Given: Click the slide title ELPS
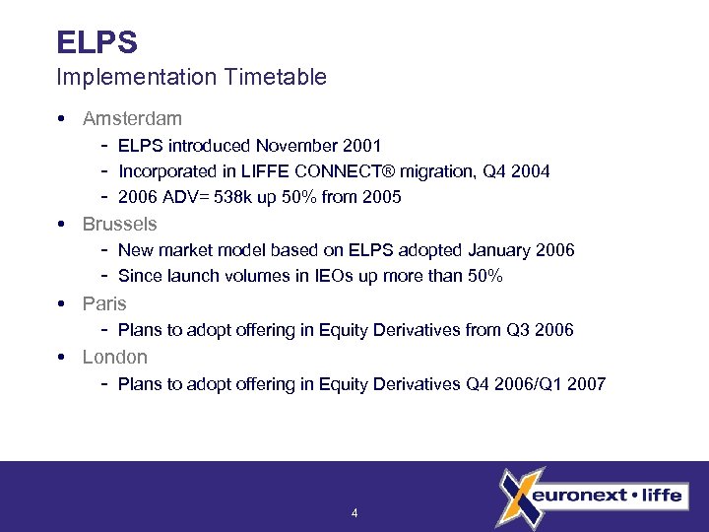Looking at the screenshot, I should pos(97,42).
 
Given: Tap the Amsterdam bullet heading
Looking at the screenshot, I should pos(132,118).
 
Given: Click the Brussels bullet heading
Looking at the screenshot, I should pos(119,224).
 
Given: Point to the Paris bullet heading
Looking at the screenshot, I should pos(104,303).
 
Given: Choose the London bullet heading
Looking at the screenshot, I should pos(114,357).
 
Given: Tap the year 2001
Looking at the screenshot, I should pos(361,146).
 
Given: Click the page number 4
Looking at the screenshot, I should pos(354,513).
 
